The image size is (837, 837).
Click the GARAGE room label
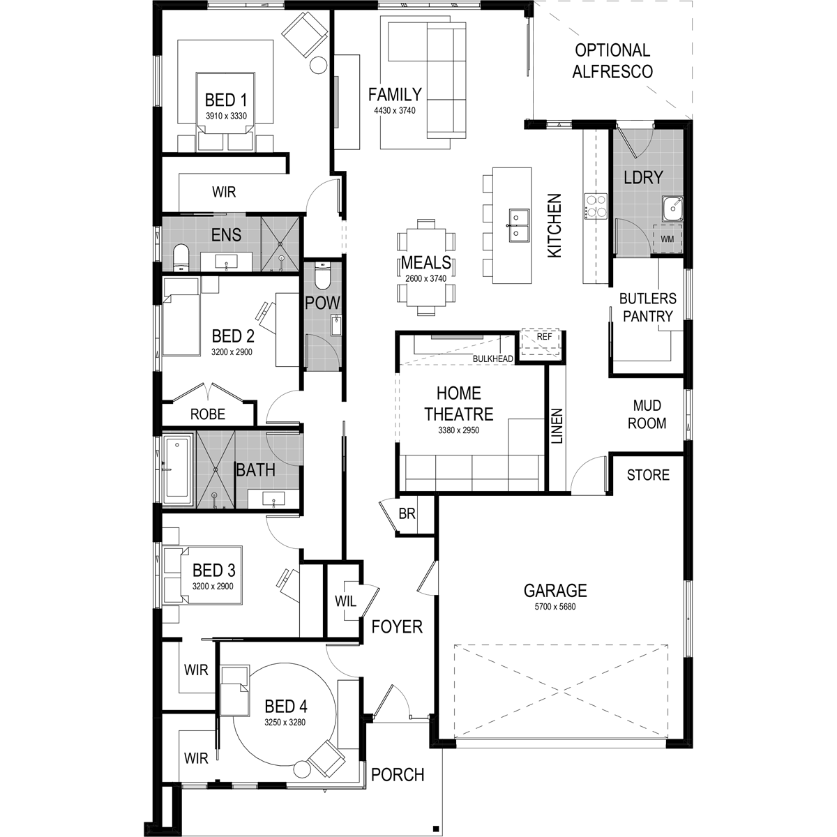coord(555,591)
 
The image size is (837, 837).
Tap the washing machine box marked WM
coord(668,239)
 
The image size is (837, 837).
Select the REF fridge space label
coord(544,337)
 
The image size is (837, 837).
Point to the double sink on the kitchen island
coord(520,225)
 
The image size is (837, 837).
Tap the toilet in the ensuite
coord(181,257)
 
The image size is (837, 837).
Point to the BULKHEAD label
coord(493,359)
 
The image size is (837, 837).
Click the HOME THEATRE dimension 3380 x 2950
coord(458,430)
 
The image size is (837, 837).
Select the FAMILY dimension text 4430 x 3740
coord(394,110)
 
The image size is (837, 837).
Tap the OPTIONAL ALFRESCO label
coord(612,61)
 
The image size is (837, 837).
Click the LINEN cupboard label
coord(557,426)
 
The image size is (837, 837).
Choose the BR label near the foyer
coord(407,514)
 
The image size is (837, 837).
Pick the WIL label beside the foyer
coord(345,601)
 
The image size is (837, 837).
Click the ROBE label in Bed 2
coord(208,414)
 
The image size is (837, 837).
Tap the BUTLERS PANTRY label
coord(647,308)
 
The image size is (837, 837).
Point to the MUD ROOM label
coord(647,414)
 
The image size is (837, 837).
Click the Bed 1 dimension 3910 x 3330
coord(226,116)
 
